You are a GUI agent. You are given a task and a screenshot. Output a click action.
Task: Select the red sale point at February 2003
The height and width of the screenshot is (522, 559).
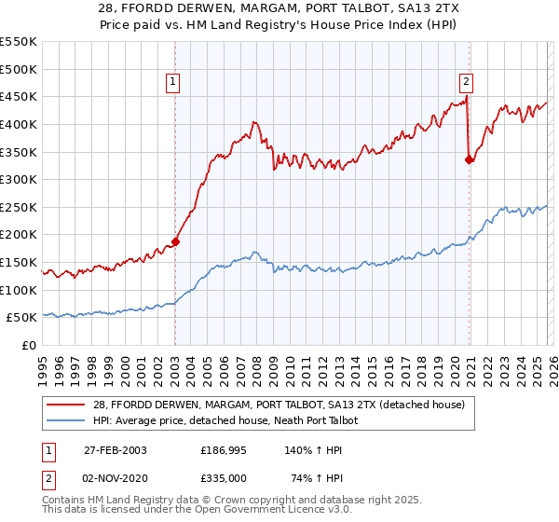[x=175, y=241]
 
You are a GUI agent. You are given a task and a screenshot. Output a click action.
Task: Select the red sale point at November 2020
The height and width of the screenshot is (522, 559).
[x=469, y=159]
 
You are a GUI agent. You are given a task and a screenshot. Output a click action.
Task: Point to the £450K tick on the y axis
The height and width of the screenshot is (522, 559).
[x=19, y=96]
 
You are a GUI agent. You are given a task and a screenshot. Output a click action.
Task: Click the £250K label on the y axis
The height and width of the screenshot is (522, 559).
[x=19, y=207]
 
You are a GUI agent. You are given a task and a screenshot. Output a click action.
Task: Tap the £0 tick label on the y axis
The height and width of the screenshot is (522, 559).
[x=30, y=345]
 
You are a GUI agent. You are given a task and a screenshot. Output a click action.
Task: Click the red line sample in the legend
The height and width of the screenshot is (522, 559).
[x=66, y=404]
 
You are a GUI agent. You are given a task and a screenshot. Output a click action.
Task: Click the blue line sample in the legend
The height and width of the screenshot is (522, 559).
[x=66, y=420]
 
